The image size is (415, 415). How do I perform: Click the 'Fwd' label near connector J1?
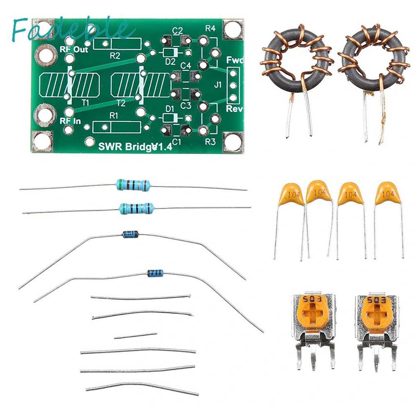click(x=235, y=61)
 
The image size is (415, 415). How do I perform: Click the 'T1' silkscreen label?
click(x=85, y=103)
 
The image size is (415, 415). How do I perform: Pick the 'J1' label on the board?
click(x=218, y=86)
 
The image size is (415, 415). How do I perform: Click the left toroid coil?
click(x=297, y=62)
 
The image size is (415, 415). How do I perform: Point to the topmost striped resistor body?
click(x=133, y=185)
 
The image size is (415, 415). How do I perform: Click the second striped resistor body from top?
click(x=135, y=208)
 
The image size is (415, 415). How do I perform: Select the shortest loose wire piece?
click(x=136, y=336)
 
